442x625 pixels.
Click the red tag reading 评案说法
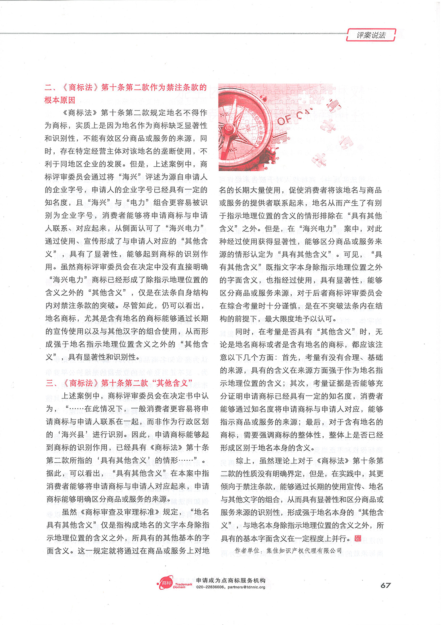click(x=370, y=35)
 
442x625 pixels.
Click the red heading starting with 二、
click(x=125, y=93)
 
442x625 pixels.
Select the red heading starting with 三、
click(x=120, y=383)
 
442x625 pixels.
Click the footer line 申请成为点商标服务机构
click(x=231, y=580)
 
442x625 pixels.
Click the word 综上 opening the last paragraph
click(x=244, y=460)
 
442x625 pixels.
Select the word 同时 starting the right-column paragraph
click(x=243, y=331)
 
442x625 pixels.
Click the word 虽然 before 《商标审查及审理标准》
click(x=70, y=512)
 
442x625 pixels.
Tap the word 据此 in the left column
click(x=54, y=473)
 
